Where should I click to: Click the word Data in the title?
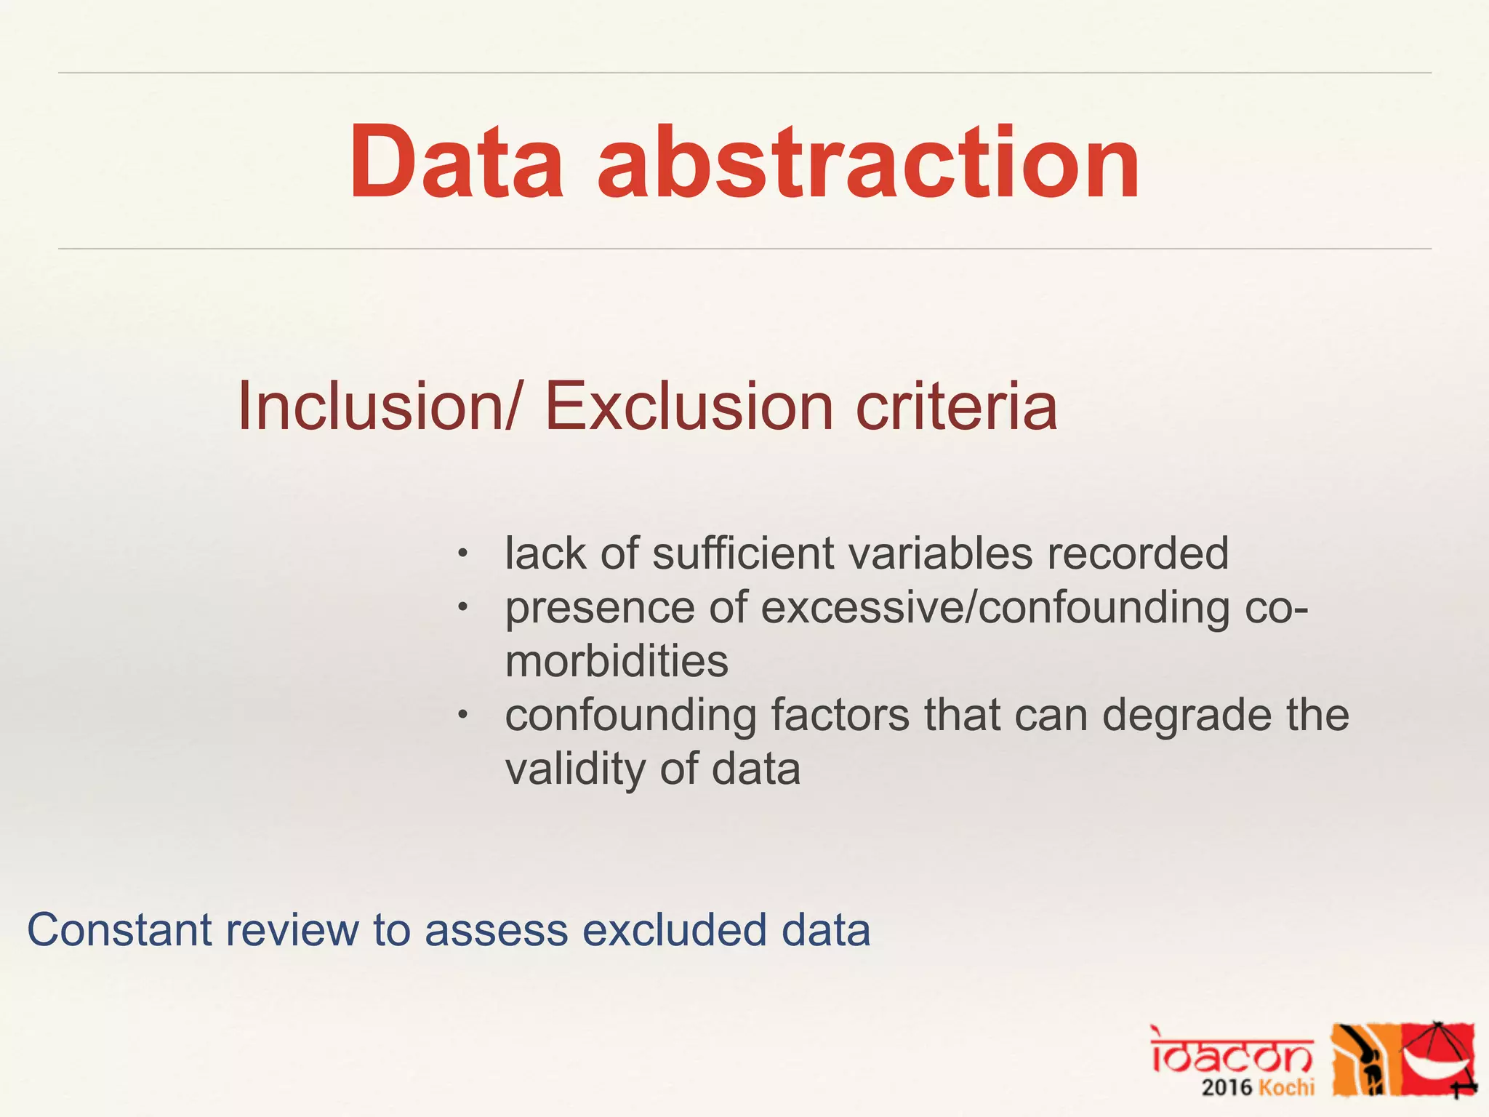pos(456,162)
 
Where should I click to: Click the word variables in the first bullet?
pos(940,553)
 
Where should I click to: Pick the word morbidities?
pos(617,661)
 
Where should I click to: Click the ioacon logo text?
pos(1232,1052)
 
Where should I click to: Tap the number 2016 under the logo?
pos(1227,1088)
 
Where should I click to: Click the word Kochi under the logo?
pos(1286,1088)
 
